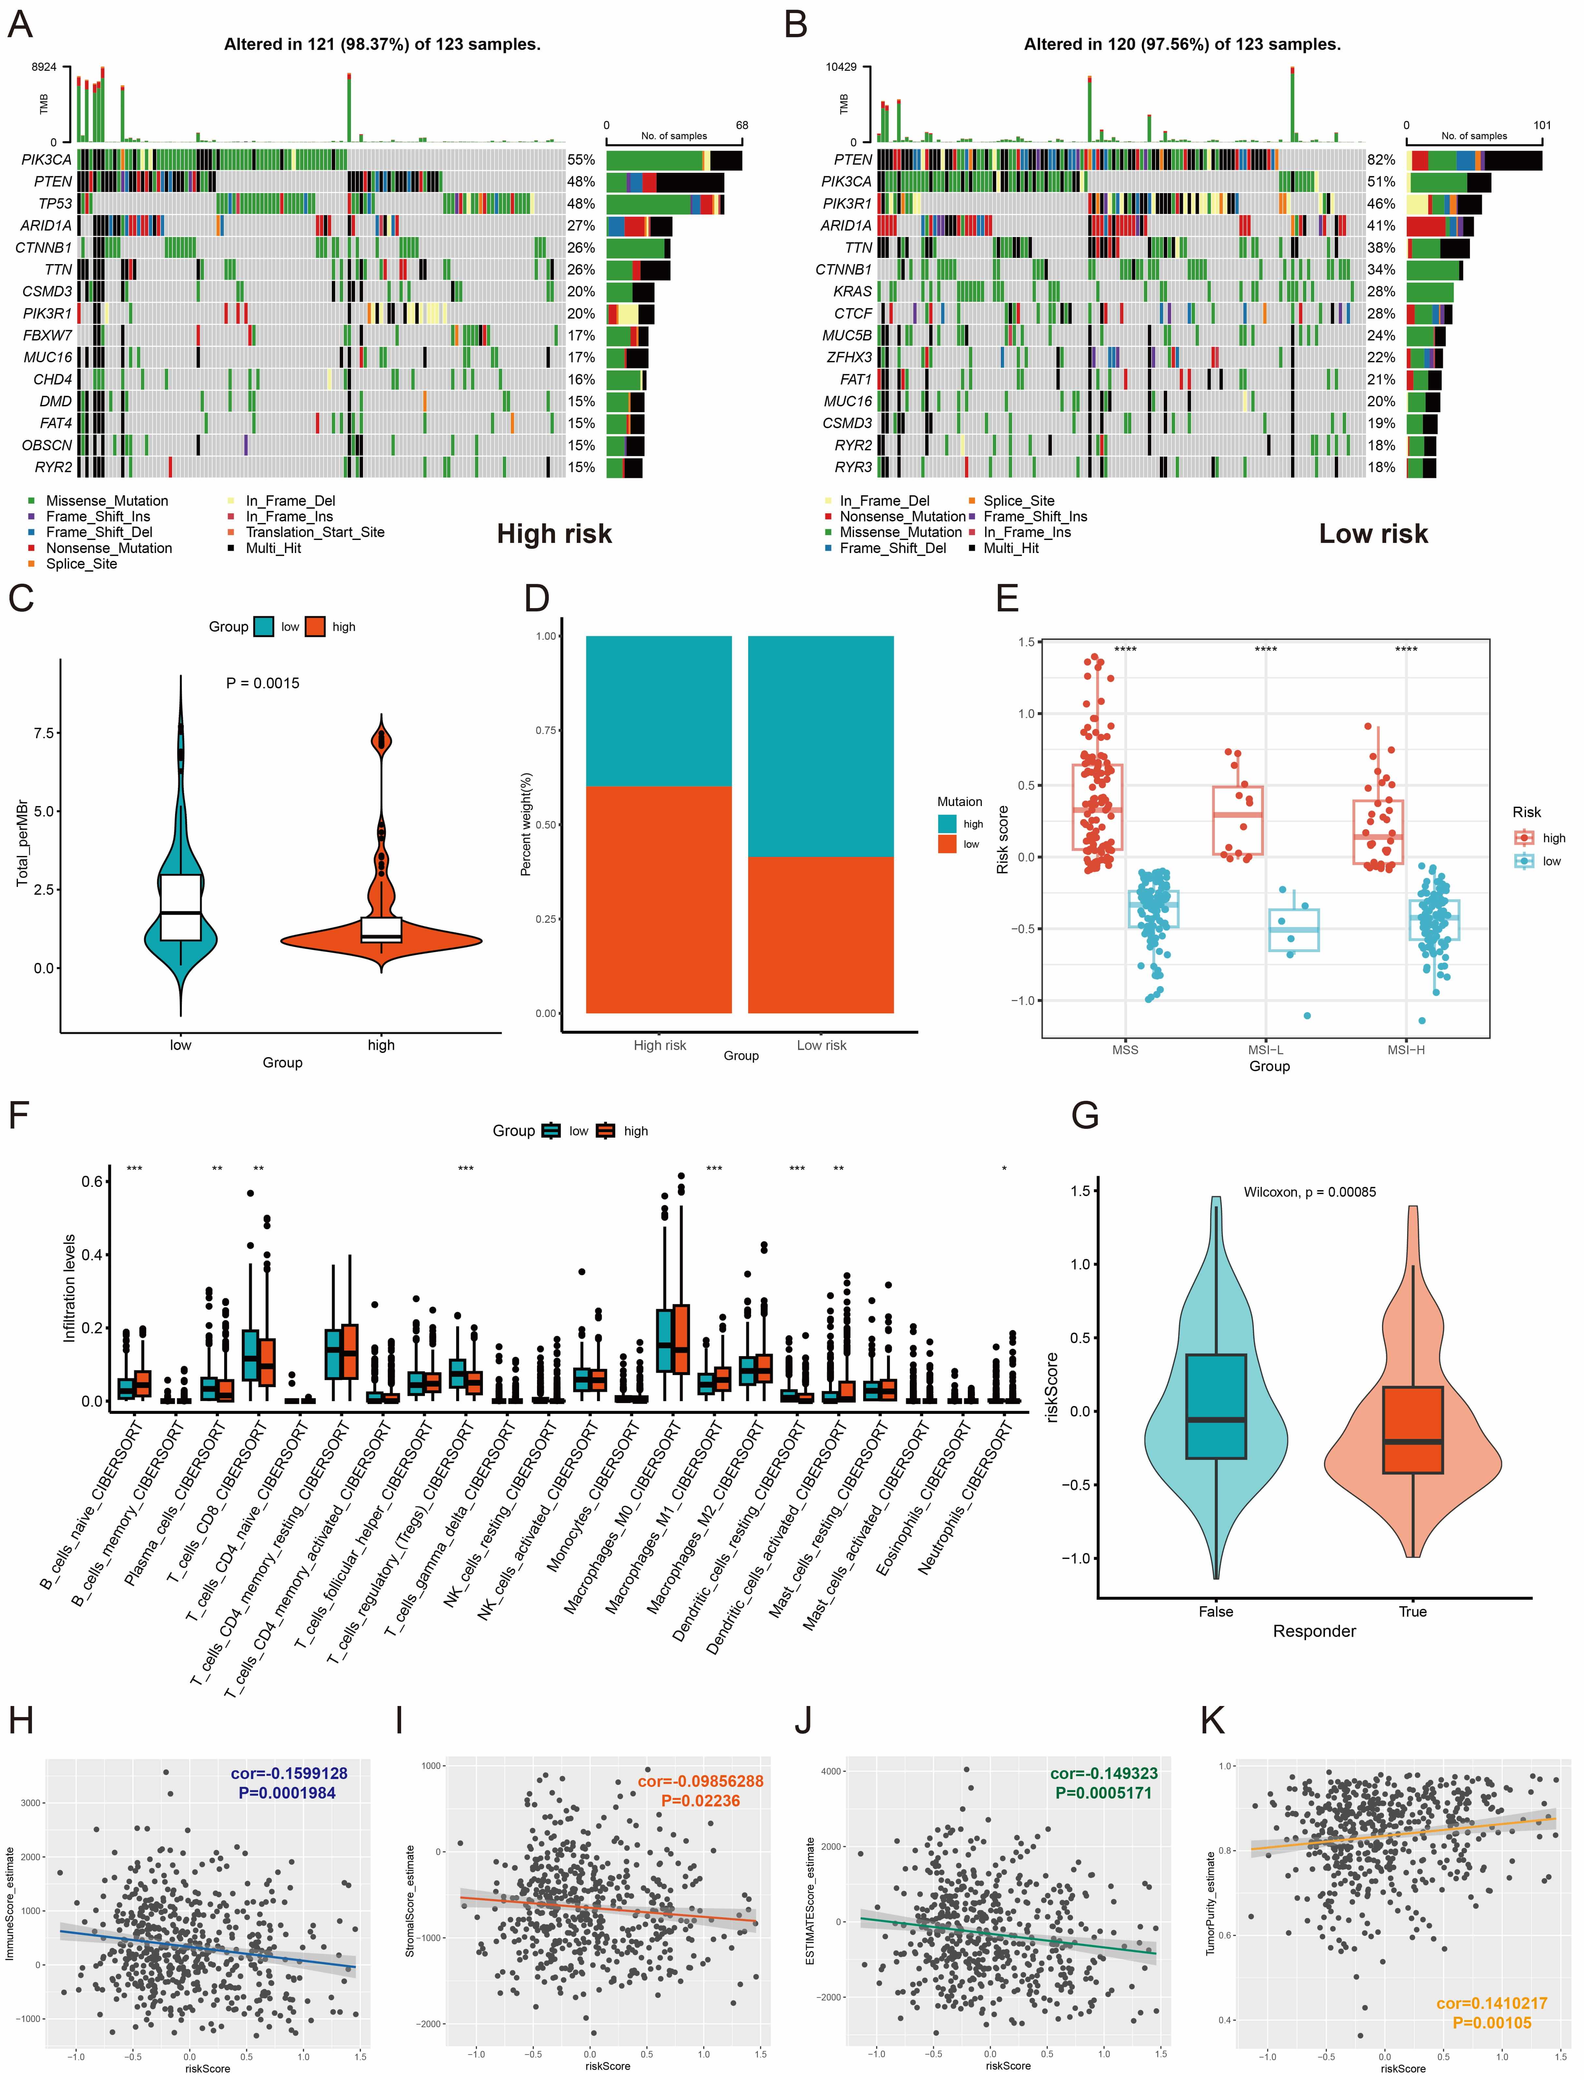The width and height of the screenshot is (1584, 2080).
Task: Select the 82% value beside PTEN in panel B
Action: (x=1381, y=160)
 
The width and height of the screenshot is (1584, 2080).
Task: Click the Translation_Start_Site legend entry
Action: (x=315, y=532)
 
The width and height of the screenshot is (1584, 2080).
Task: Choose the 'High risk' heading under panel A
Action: (x=554, y=534)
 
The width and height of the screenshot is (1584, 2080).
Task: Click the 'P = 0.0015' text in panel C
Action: (x=263, y=683)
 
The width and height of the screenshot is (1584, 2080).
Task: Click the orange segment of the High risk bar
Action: (x=659, y=899)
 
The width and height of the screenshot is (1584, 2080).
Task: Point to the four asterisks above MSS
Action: (x=1125, y=649)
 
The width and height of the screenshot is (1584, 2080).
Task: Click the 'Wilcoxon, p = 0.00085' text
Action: (x=1310, y=1192)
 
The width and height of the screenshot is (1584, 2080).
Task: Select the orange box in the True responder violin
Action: (x=1412, y=1429)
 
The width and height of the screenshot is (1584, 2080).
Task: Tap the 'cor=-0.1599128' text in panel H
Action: (x=288, y=1773)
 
